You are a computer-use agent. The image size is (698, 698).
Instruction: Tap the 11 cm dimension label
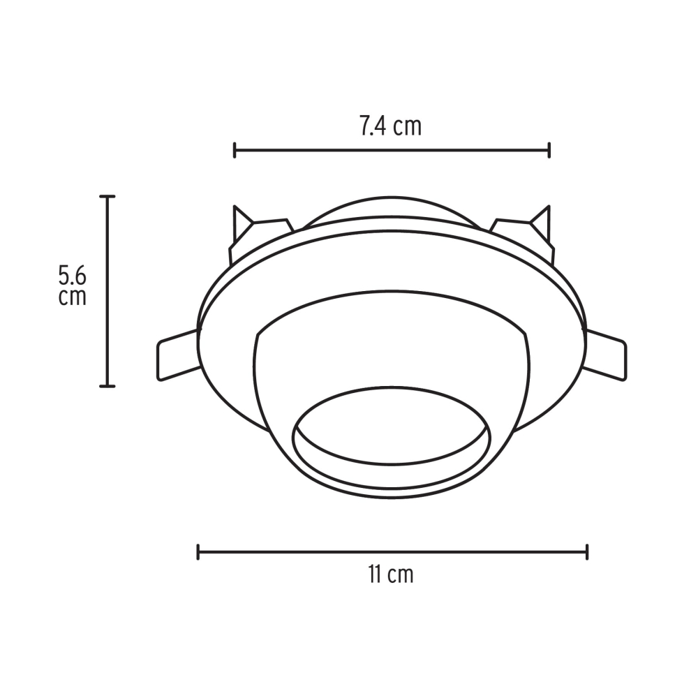(390, 574)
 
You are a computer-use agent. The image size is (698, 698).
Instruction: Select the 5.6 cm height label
(73, 284)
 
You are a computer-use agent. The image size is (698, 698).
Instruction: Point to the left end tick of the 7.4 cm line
(235, 149)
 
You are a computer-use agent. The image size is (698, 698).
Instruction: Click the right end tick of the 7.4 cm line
(549, 149)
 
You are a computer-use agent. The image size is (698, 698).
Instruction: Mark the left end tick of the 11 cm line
(199, 551)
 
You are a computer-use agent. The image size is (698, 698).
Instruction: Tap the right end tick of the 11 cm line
(587, 551)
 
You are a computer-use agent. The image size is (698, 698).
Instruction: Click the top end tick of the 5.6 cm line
(107, 197)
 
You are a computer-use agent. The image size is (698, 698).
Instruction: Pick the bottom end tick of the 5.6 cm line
(107, 385)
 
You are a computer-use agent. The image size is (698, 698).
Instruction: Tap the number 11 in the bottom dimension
(374, 574)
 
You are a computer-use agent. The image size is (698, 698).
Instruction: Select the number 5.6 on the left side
(73, 274)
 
